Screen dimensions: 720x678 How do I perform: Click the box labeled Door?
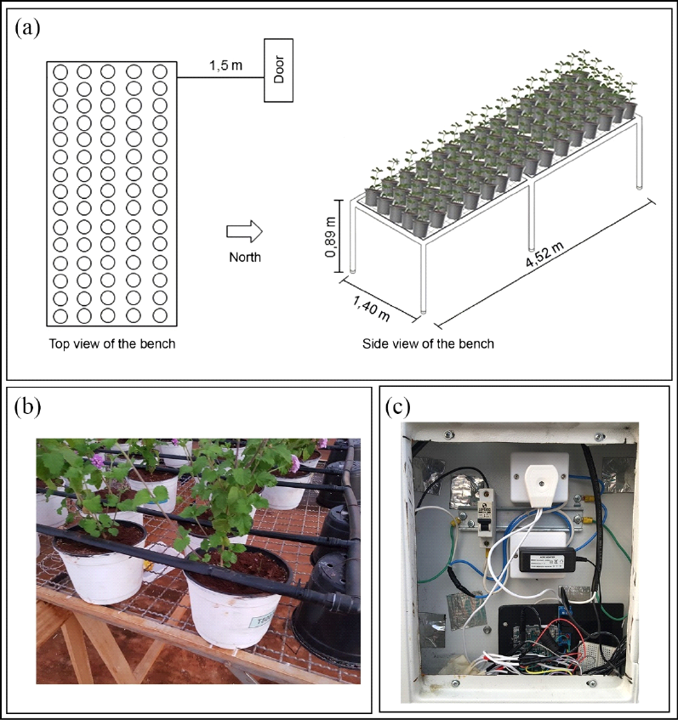click(278, 71)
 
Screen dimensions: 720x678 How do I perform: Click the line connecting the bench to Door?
click(220, 78)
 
